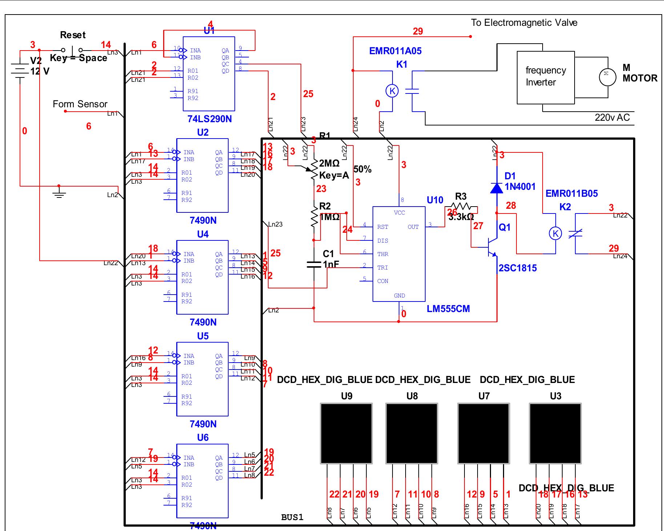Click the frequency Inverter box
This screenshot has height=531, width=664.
tap(546, 77)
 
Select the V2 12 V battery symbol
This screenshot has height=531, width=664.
tap(20, 71)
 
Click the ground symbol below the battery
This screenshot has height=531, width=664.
tap(59, 192)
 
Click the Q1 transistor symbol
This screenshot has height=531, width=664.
tap(493, 247)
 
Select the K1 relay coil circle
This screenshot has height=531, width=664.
tap(392, 91)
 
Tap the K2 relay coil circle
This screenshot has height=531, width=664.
tap(555, 233)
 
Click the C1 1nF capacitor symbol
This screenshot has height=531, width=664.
tap(314, 264)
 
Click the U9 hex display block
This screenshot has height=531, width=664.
tap(346, 433)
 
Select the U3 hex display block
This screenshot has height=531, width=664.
tap(555, 433)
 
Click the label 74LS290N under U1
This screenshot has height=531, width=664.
tap(209, 119)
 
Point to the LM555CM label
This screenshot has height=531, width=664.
tap(448, 309)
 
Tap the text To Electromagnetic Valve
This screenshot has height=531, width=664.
tap(524, 23)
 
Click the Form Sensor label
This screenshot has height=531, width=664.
tap(80, 104)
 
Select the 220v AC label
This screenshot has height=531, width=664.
tap(612, 117)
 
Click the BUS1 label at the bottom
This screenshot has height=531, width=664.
tap(292, 517)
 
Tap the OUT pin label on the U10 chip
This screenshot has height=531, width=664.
tap(413, 227)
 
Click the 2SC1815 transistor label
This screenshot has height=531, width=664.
tap(518, 268)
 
